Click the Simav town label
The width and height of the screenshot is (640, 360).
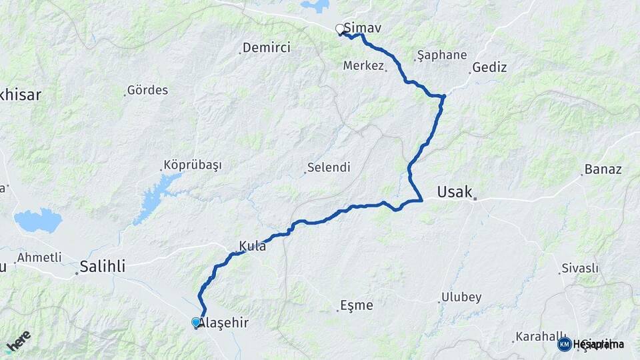[362, 29]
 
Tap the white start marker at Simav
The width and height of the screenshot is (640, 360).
[340, 29]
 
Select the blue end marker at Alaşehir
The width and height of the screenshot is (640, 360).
[196, 322]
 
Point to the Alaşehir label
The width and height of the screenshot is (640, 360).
[225, 323]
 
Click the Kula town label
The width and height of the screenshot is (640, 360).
[253, 246]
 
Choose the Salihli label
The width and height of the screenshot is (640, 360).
[102, 267]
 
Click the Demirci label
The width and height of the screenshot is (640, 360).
[267, 48]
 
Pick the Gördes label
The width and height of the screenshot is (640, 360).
[147, 89]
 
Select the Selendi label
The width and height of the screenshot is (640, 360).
[329, 168]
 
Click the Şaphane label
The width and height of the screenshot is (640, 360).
[441, 55]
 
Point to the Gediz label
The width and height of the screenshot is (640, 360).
[489, 67]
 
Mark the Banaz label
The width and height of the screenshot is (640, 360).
[603, 169]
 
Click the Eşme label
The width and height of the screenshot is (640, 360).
[357, 306]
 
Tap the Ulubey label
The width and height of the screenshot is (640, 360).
[461, 297]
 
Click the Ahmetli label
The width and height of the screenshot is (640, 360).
[39, 257]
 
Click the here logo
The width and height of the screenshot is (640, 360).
[19, 339]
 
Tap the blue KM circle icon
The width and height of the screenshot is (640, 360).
[564, 344]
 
